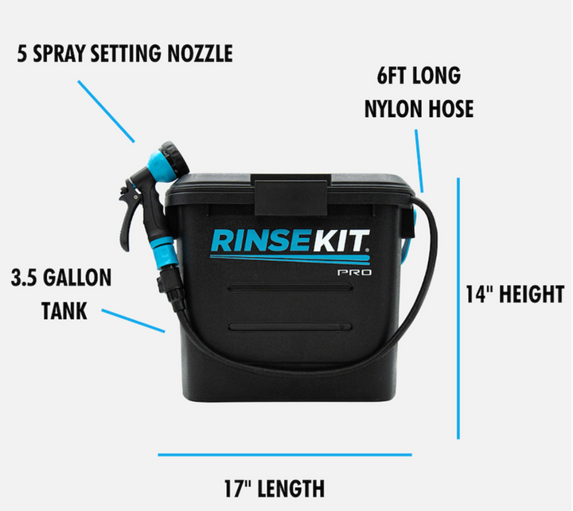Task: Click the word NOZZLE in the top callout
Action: [201, 54]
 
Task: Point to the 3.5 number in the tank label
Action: [25, 278]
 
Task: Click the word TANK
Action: [64, 311]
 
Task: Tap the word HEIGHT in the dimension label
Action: [532, 295]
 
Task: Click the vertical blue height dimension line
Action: [458, 308]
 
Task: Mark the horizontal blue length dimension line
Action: [285, 454]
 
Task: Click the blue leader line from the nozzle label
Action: [107, 111]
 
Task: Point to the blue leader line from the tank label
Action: [133, 321]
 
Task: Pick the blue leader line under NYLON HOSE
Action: [419, 161]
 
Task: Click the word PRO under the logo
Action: [354, 272]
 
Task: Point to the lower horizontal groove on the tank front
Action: [290, 327]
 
